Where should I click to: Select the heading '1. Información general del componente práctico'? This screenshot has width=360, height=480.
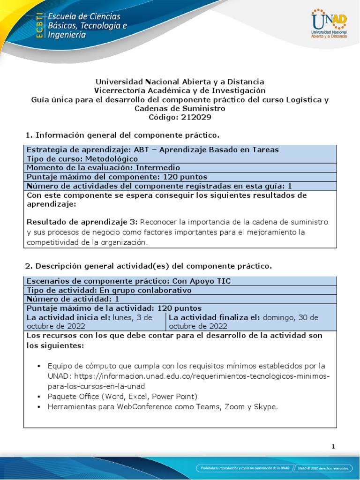point(122,135)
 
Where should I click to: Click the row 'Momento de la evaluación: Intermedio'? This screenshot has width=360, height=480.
point(103,167)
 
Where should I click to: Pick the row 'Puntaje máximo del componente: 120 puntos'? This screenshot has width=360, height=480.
point(117,177)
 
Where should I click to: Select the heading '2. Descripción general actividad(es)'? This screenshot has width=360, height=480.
point(148,266)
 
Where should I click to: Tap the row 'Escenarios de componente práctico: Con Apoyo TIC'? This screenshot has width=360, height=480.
point(128,281)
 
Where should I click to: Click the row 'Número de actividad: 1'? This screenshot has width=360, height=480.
point(73,299)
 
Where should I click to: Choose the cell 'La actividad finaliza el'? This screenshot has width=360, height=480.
point(251,322)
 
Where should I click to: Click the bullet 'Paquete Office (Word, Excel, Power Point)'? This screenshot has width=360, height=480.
point(123,396)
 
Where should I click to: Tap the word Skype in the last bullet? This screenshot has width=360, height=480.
point(267,406)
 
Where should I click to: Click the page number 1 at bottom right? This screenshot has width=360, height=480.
point(333,447)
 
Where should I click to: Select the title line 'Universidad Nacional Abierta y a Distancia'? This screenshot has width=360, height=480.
point(180,82)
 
